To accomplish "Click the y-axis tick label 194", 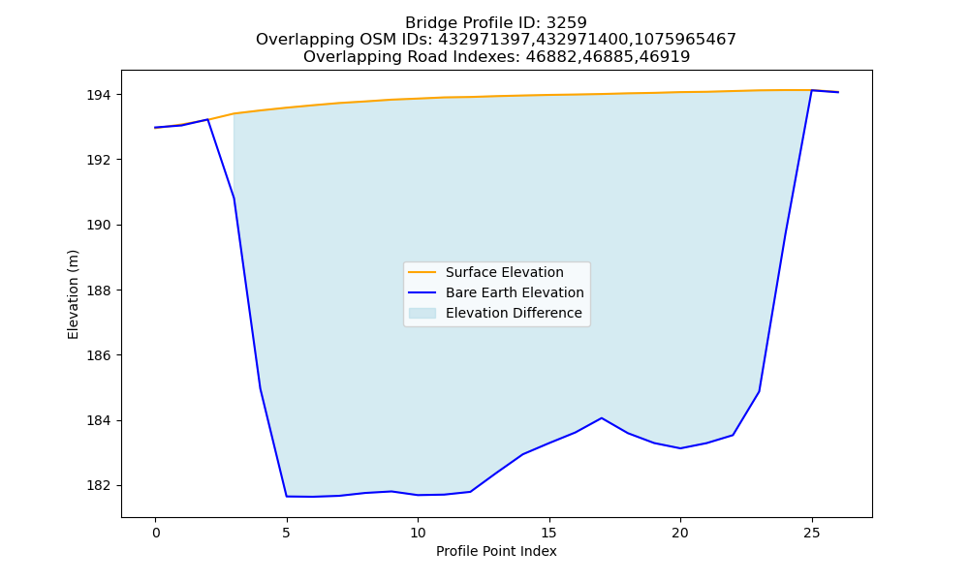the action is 99,95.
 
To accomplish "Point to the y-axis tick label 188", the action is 99,290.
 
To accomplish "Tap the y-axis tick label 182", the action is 99,486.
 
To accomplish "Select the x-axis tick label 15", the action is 548,533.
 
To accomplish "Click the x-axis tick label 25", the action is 811,533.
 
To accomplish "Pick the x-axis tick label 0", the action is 156,533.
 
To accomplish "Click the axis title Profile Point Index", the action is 496,551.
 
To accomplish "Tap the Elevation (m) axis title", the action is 73,294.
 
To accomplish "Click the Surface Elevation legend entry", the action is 485,272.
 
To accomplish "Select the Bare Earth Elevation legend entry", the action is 495,292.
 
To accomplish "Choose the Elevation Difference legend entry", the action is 495,313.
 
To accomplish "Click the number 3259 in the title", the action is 567,23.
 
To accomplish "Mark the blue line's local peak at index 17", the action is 602,418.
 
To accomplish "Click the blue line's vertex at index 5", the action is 287,497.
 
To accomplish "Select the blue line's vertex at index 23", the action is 759,391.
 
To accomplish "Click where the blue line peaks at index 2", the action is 207,119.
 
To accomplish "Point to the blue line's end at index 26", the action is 838,92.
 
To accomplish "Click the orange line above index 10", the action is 418,98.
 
